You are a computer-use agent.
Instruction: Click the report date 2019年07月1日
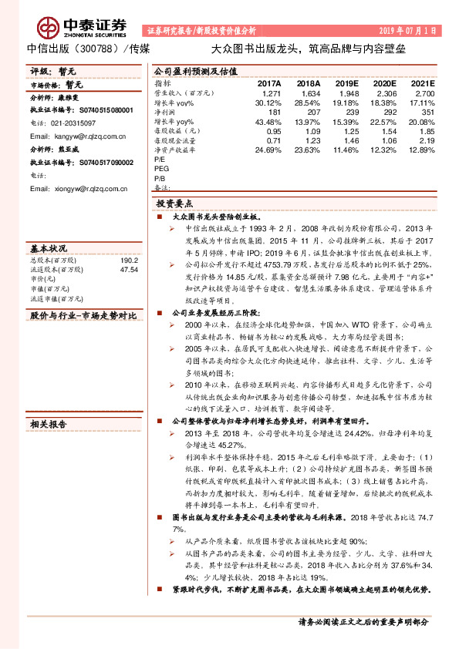click(409, 31)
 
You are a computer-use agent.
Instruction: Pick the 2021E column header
click(423, 82)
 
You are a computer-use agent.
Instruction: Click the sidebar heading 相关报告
click(48, 423)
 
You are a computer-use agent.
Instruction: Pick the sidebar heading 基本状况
click(48, 248)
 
